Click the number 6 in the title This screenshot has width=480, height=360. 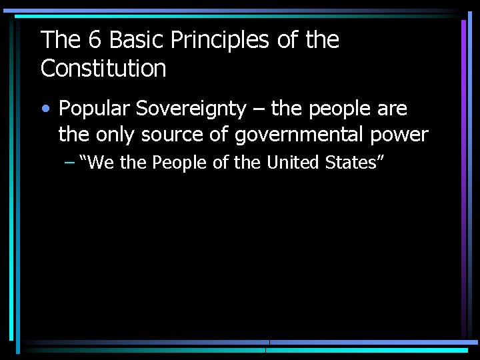pos(95,41)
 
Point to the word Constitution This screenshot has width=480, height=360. pos(103,68)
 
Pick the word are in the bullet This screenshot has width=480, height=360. pos(392,109)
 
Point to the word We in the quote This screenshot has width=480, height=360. pos(99,162)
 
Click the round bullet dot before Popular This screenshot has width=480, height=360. pos(45,109)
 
